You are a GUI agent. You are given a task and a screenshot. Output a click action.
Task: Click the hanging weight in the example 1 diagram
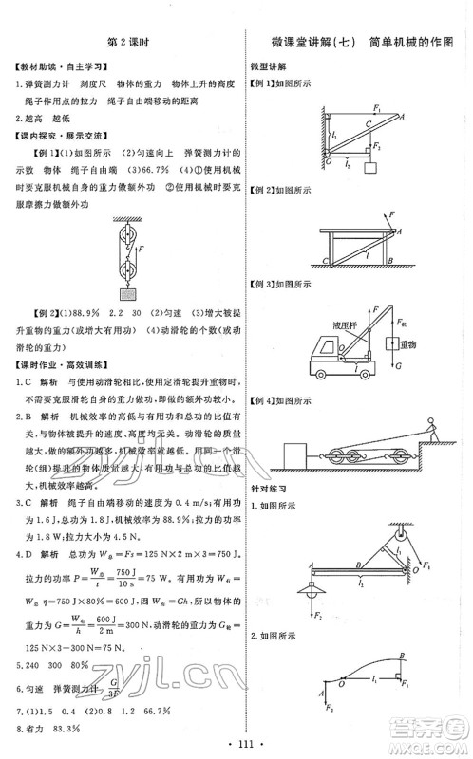373,169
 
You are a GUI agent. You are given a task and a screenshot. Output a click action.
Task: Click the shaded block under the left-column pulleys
125,293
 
